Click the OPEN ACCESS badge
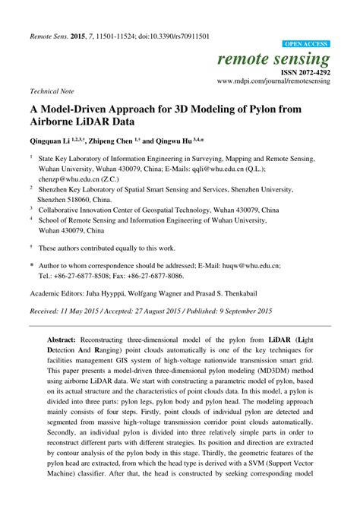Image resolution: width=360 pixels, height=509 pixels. point(306,45)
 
